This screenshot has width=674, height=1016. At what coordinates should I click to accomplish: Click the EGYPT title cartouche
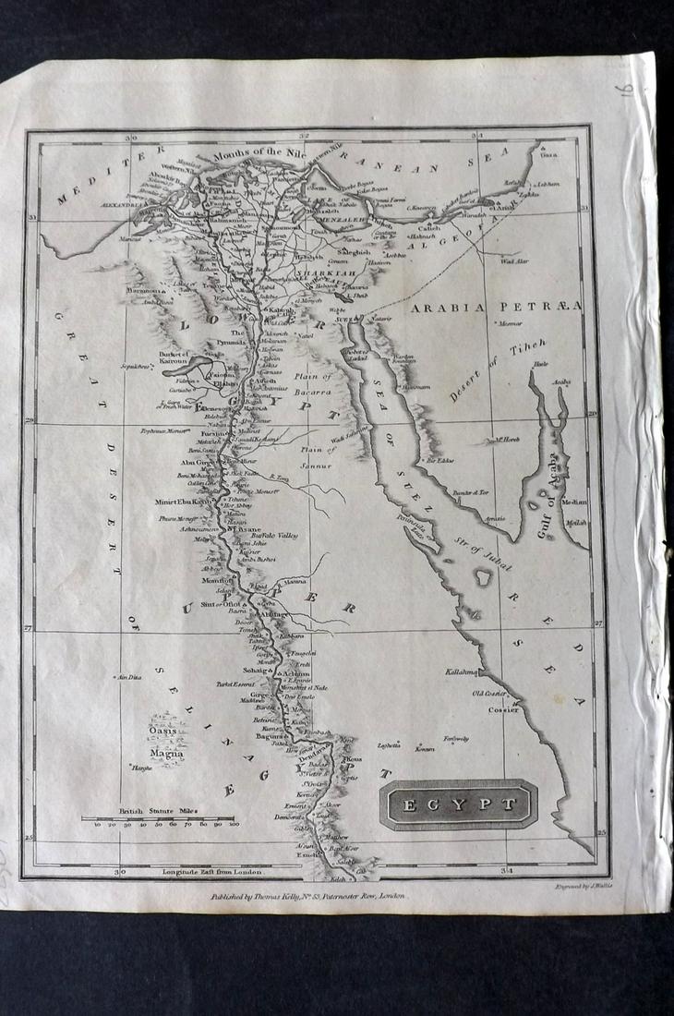[x=457, y=804]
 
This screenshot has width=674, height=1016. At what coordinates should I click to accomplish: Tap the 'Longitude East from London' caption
[x=212, y=871]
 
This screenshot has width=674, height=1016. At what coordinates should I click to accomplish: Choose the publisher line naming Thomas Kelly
[x=305, y=895]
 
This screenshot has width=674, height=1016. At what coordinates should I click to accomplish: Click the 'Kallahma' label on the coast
[x=461, y=671]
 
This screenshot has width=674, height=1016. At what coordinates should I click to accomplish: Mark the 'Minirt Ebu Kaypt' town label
[x=184, y=502]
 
